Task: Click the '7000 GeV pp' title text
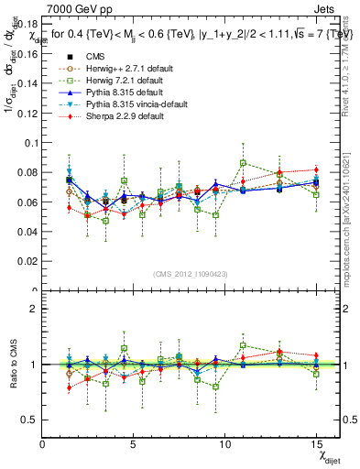(74, 8)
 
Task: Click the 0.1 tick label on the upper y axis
(29, 143)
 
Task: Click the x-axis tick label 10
(224, 444)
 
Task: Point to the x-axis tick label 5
(134, 444)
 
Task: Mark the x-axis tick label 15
(315, 444)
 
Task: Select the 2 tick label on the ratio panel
(34, 309)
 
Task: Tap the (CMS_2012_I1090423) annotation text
(191, 274)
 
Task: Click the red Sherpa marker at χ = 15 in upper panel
(316, 169)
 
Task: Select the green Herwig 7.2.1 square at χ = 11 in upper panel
(243, 163)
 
